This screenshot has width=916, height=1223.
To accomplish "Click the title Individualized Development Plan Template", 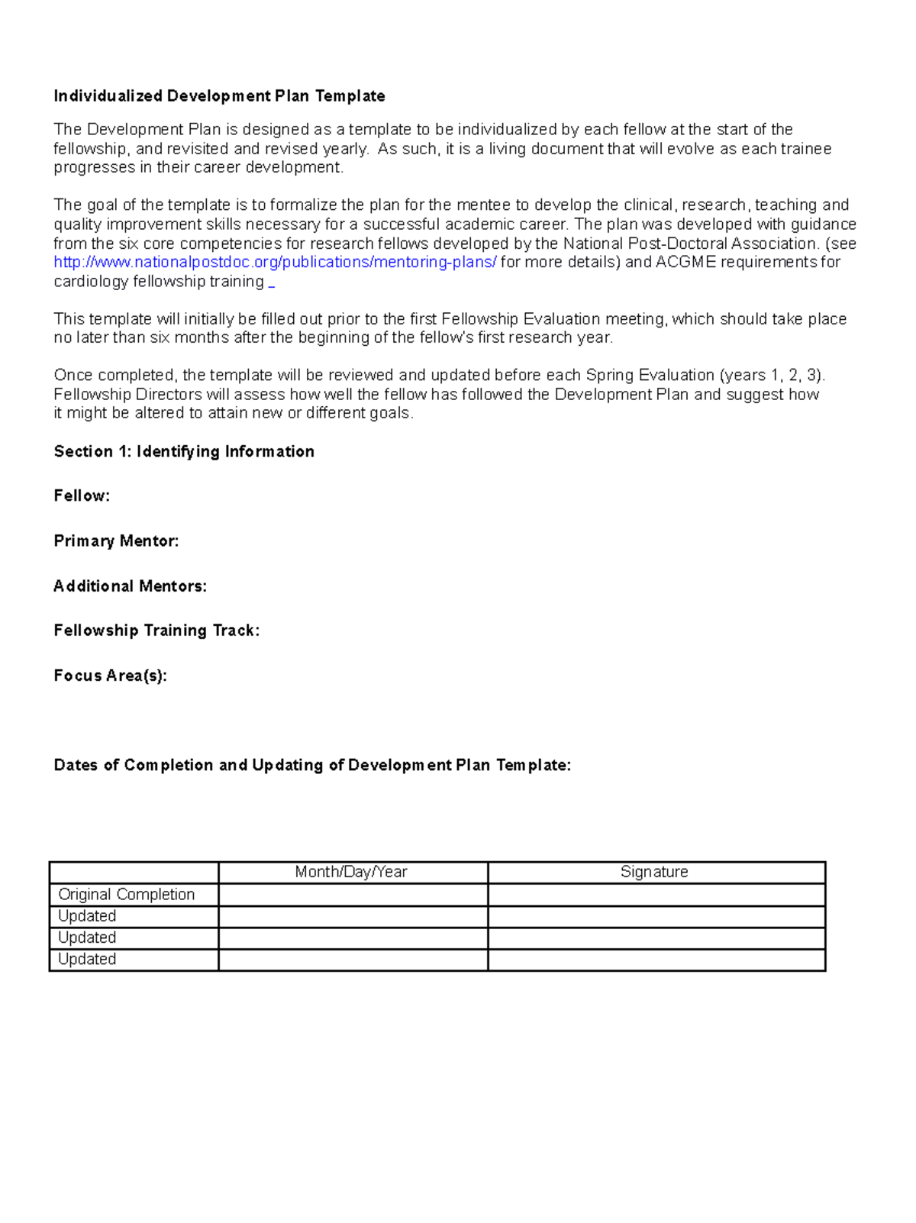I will [219, 96].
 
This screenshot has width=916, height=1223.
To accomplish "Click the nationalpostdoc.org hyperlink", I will [275, 263].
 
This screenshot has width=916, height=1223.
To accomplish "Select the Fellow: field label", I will [82, 496].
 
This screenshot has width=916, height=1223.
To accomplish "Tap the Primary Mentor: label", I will [116, 541].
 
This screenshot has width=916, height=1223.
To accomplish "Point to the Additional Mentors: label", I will [130, 586].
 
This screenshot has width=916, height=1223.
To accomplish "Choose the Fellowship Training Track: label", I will [156, 631].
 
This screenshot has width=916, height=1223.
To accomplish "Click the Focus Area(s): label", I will [110, 676].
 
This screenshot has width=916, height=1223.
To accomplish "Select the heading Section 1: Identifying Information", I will [183, 452].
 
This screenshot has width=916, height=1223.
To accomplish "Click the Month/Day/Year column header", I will [351, 872].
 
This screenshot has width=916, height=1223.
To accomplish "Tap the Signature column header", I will [654, 872].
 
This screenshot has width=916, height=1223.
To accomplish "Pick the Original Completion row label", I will [127, 894].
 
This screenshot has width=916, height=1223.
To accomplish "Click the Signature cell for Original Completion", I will [656, 895].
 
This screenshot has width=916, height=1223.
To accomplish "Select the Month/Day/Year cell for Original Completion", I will [353, 895].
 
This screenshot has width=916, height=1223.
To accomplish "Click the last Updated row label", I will [87, 959].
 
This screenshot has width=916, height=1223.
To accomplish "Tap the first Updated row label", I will [87, 916].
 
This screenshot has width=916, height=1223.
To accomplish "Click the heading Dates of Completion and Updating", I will [312, 766].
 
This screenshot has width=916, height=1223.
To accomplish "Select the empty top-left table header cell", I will [134, 873].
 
